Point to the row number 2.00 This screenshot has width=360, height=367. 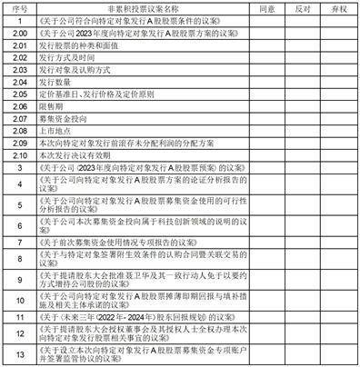tap(19, 31)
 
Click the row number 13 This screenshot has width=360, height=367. tap(19, 354)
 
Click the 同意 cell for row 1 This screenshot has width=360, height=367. tap(267, 18)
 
